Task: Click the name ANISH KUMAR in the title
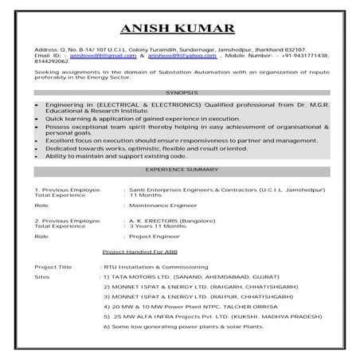[x=180, y=30]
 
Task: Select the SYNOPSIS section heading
[x=180, y=93]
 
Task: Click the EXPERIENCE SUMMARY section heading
[x=180, y=170]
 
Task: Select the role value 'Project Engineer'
[x=150, y=237]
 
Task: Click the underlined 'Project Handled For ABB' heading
[x=141, y=252]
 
